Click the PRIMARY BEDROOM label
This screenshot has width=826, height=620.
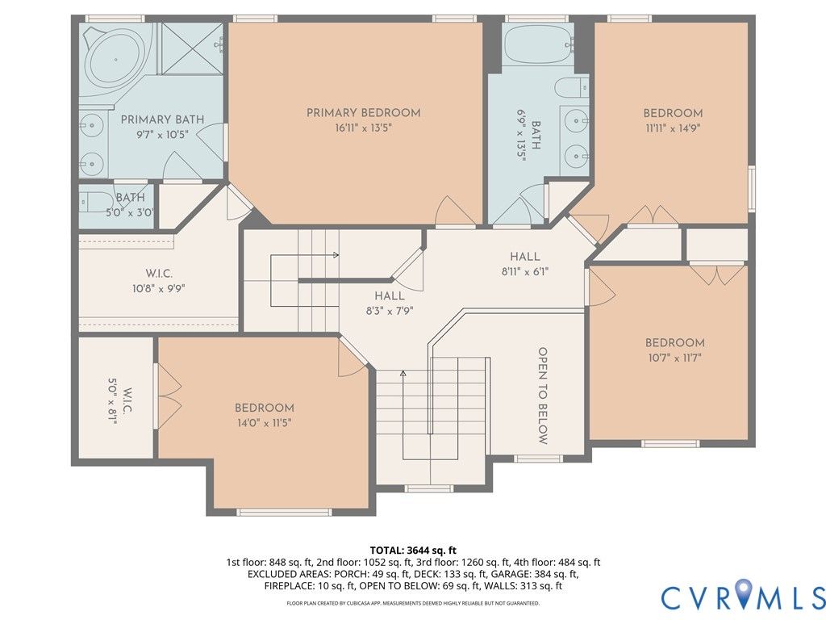[364, 113]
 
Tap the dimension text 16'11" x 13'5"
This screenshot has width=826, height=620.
[364, 128]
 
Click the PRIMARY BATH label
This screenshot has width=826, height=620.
[162, 119]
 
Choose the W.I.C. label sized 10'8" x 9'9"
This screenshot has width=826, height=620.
[159, 274]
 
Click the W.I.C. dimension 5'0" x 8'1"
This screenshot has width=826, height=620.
[112, 400]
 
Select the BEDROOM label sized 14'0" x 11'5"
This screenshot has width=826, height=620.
[265, 408]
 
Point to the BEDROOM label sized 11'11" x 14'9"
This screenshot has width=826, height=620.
[673, 113]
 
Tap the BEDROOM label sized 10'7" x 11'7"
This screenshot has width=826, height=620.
[675, 342]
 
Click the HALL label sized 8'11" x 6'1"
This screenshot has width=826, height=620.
[524, 257]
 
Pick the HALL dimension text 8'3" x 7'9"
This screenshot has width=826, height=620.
[390, 311]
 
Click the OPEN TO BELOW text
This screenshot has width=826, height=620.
[543, 396]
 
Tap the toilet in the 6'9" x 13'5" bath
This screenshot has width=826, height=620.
[571, 87]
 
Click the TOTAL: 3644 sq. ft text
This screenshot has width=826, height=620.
[413, 551]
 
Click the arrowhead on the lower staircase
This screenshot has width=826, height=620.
[403, 374]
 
